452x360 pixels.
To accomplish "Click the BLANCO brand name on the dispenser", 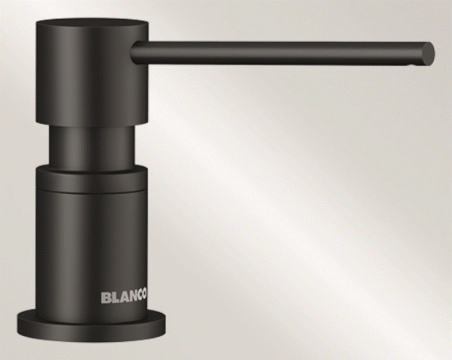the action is pos(124,297).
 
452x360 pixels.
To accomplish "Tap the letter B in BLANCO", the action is pos(105,298).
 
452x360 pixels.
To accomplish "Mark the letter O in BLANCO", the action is pos(145,295).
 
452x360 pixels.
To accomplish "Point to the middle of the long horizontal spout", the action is pos(282,52).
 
